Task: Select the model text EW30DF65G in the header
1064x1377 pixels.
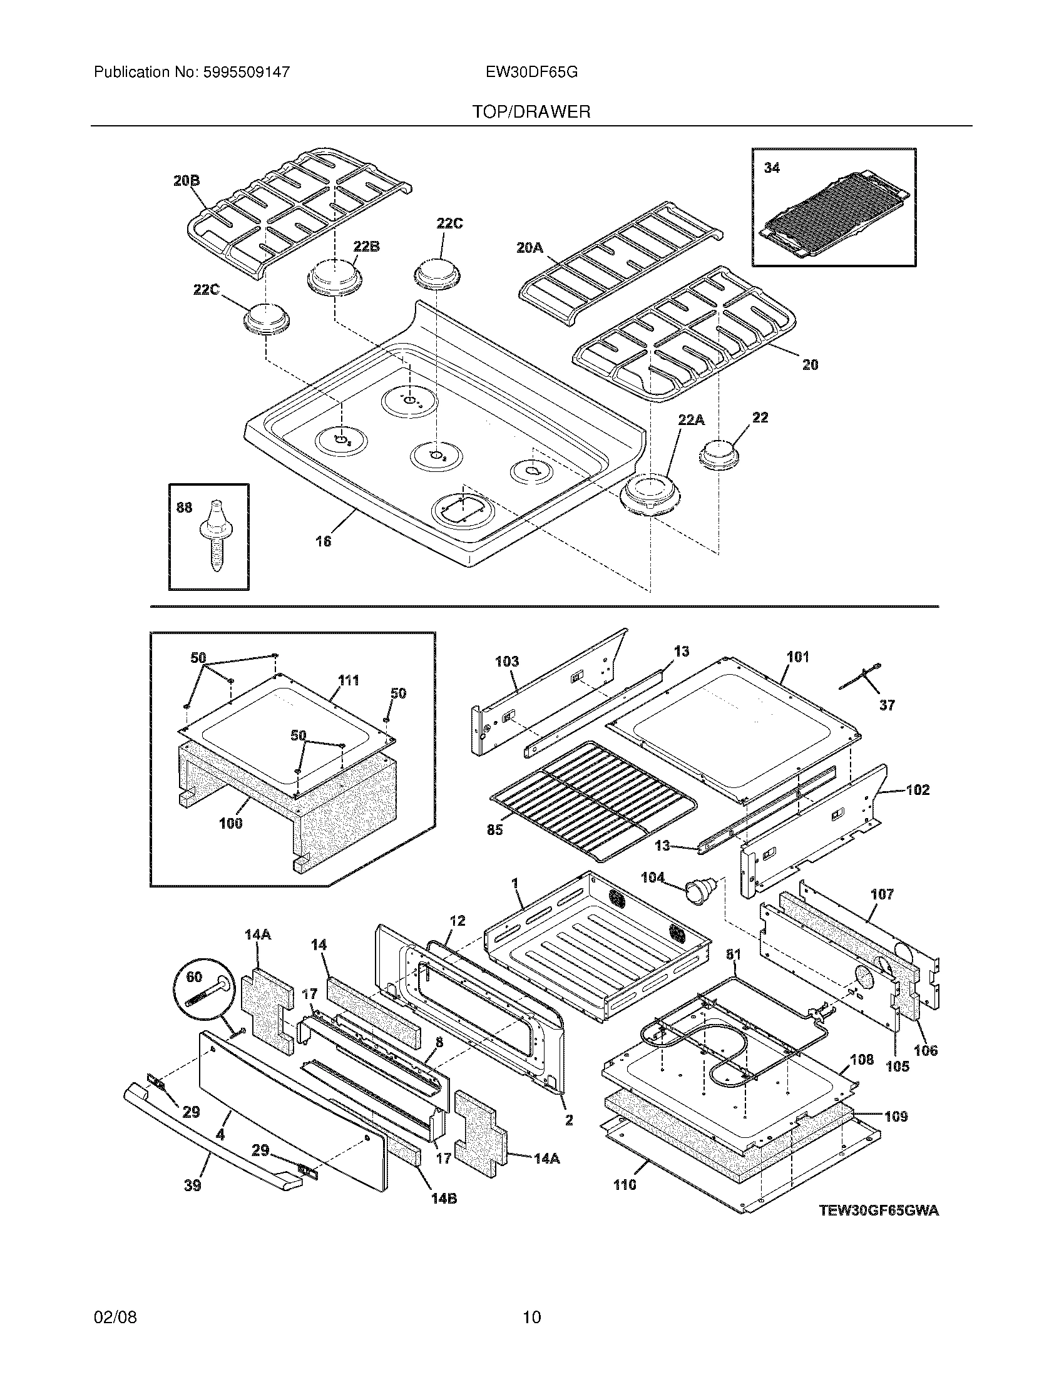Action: [531, 72]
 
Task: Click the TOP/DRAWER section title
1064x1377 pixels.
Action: [531, 112]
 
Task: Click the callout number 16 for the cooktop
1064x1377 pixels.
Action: [323, 541]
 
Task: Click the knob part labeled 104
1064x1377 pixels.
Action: [699, 889]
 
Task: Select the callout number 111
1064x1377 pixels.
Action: [348, 680]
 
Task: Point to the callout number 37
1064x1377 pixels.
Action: [887, 705]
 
